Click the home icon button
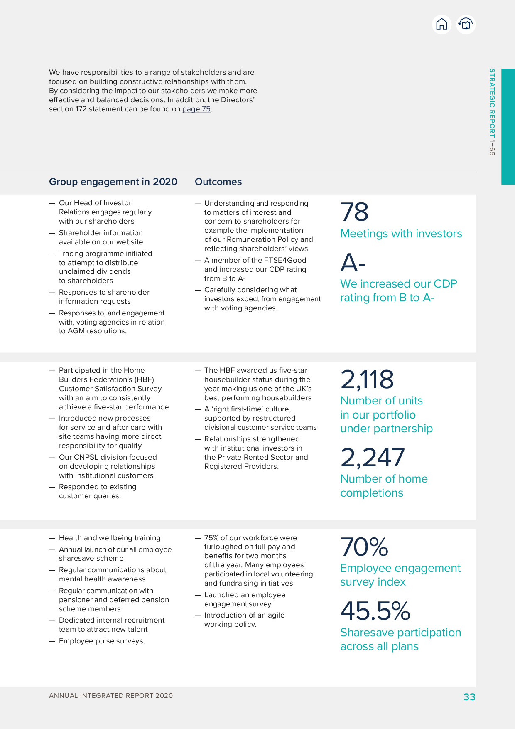click(441, 25)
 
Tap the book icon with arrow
click(466, 25)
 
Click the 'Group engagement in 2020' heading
click(113, 182)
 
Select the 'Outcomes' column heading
click(218, 182)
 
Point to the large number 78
click(354, 212)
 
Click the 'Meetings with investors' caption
click(401, 234)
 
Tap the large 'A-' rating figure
click(353, 263)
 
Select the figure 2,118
click(367, 379)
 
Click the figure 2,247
click(372, 458)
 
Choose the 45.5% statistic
click(375, 611)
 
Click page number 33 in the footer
click(469, 697)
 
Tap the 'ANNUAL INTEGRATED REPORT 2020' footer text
click(111, 696)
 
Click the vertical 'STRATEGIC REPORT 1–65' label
click(492, 112)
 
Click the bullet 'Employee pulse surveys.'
click(102, 641)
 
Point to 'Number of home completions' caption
click(383, 486)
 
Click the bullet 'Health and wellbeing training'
click(110, 538)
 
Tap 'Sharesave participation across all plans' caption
click(400, 639)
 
